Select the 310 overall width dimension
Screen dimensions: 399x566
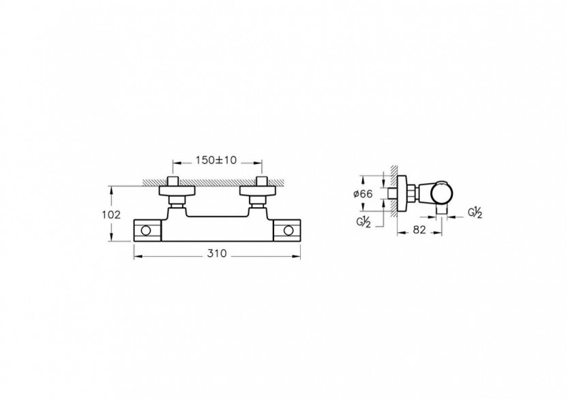coord(217,253)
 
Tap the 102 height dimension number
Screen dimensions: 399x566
coord(112,214)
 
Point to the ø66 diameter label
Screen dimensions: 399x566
coord(363,194)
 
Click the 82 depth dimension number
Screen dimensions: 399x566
coord(419,231)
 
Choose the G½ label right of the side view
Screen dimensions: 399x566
coord(474,212)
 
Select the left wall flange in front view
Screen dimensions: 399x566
coord(177,190)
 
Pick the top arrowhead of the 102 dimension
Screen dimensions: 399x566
coord(112,188)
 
